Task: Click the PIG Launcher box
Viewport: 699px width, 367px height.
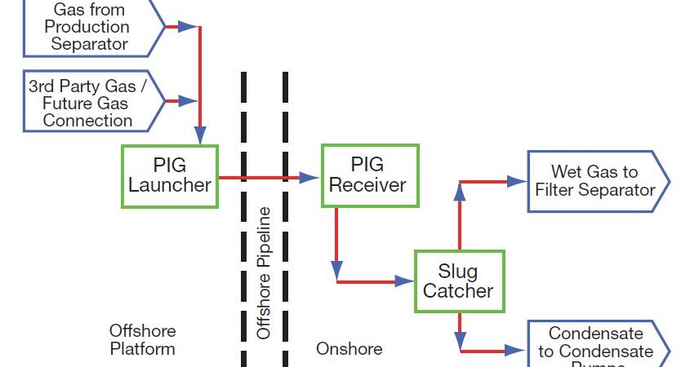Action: click(x=170, y=175)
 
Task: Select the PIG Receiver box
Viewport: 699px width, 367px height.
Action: click(x=369, y=175)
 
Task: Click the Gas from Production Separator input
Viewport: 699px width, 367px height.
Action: click(x=91, y=29)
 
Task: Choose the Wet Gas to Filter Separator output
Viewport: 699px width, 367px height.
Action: click(x=596, y=181)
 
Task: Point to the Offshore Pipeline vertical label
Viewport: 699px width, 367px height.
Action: click(x=264, y=273)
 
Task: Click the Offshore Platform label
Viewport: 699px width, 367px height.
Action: click(x=142, y=340)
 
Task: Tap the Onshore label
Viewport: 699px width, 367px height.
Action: click(x=349, y=349)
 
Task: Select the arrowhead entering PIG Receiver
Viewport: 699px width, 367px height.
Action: click(x=309, y=177)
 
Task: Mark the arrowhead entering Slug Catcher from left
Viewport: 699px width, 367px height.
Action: click(x=404, y=281)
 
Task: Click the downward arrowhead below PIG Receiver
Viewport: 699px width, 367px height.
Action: click(x=336, y=270)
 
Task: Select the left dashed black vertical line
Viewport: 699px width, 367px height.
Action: click(x=243, y=220)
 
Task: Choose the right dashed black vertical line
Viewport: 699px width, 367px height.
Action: click(x=285, y=220)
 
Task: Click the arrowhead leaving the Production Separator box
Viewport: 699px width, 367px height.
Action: click(x=187, y=27)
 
